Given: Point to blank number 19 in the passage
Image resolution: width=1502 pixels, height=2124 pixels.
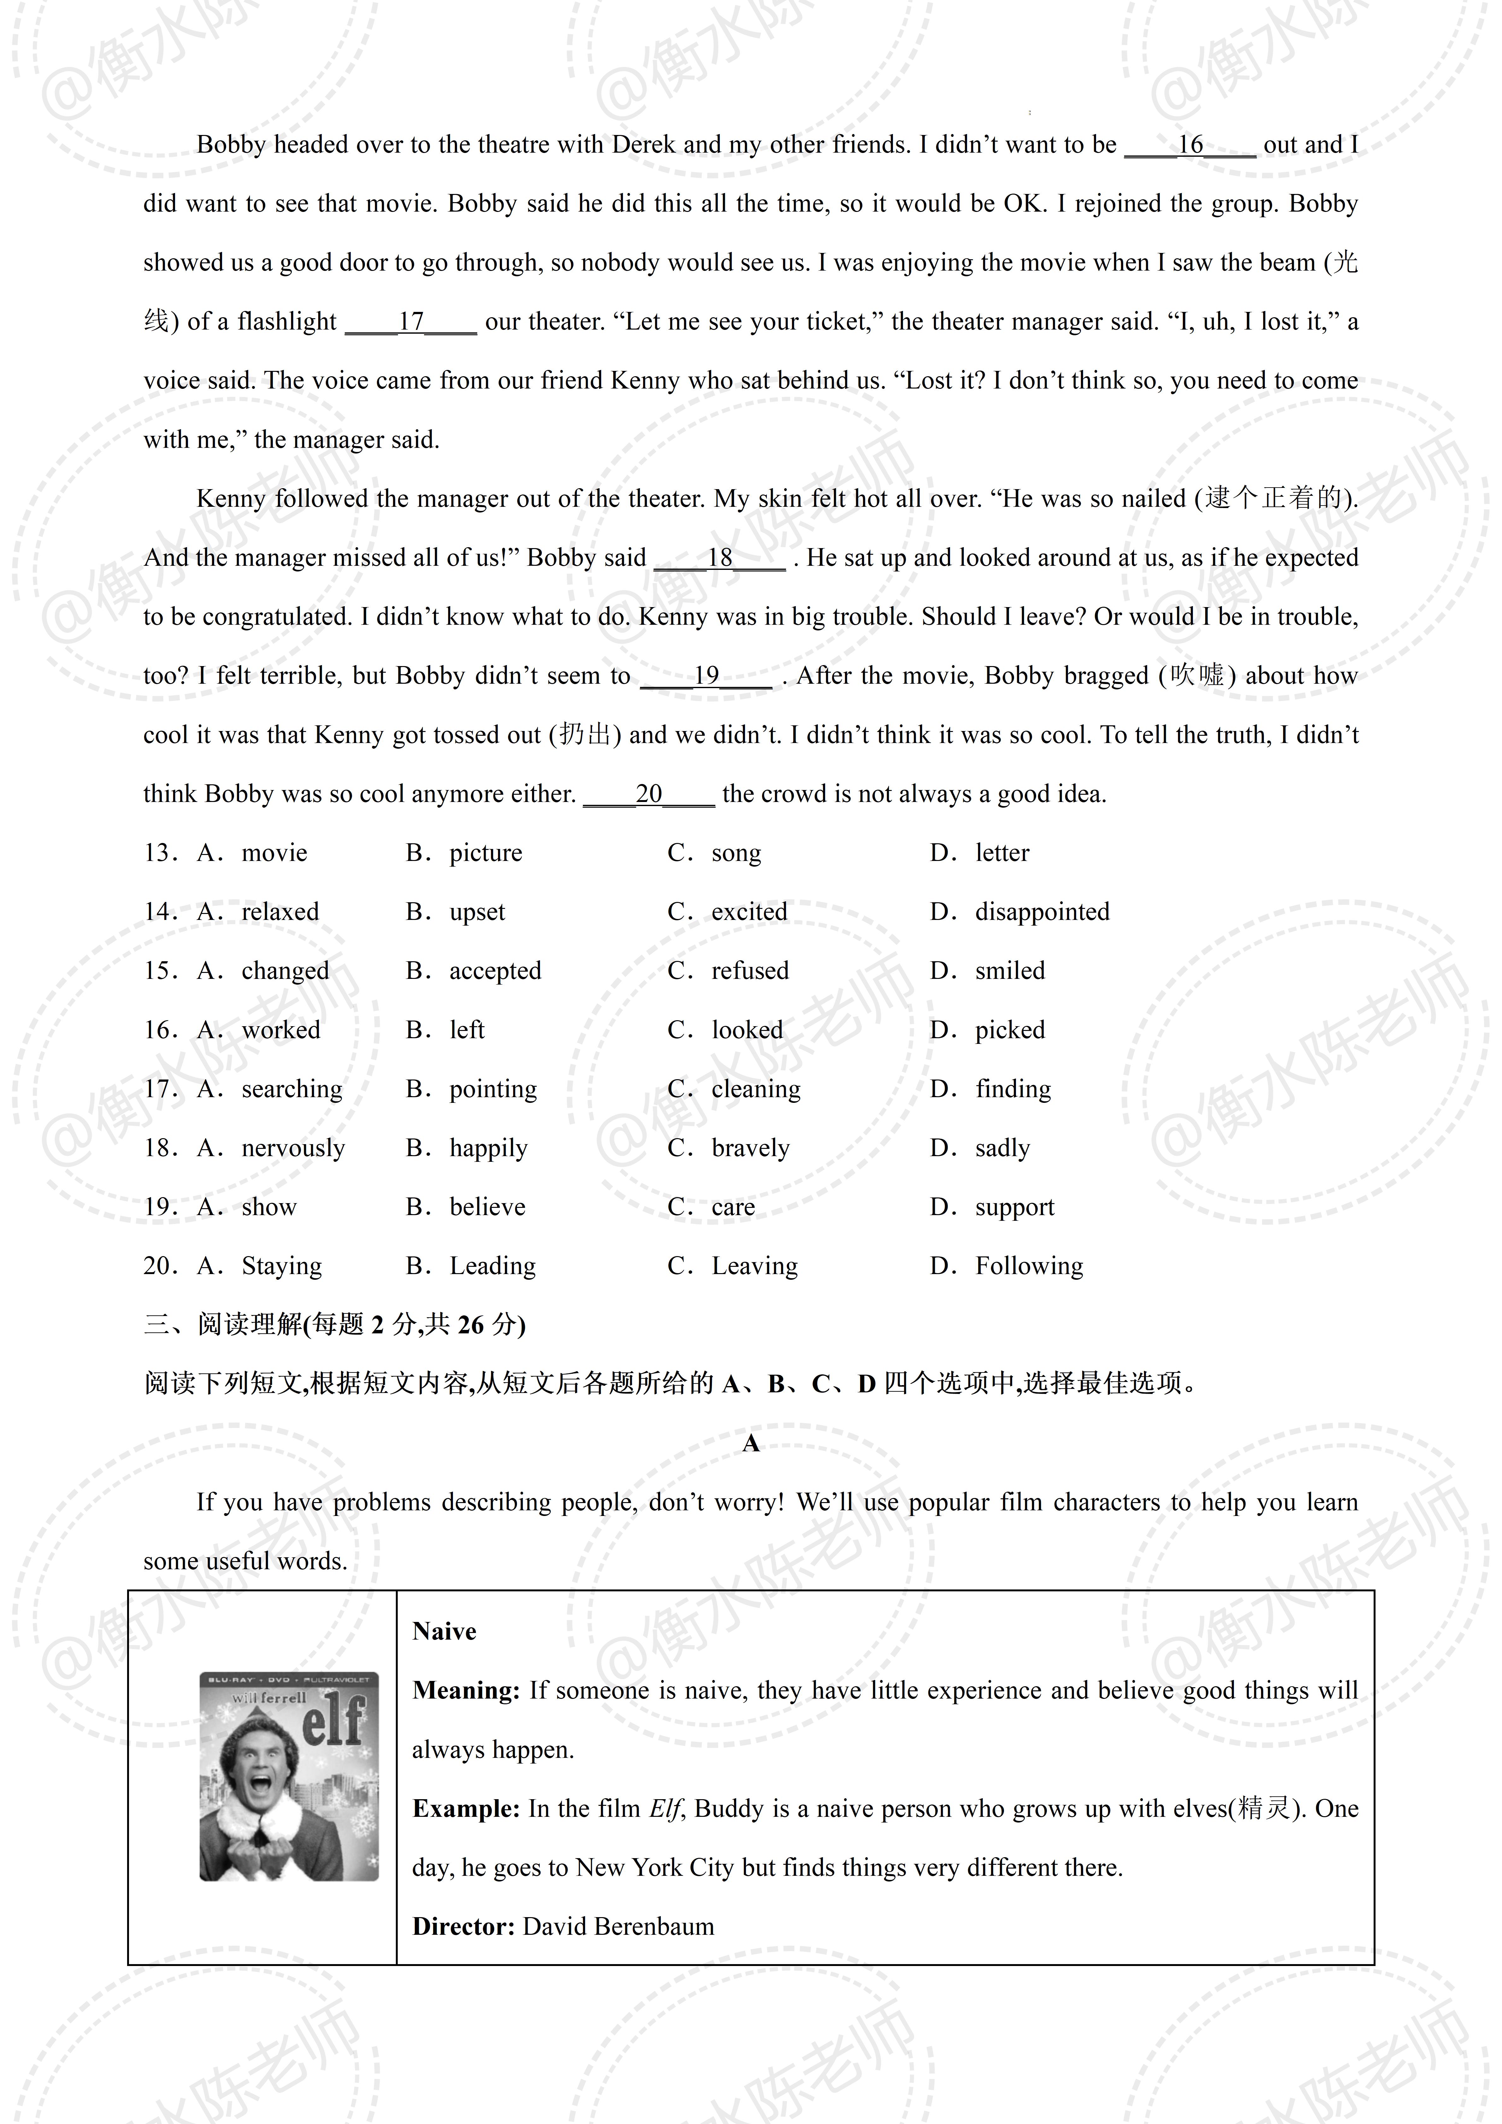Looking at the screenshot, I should point(706,676).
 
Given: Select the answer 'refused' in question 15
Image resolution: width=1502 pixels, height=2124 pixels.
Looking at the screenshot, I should point(750,971).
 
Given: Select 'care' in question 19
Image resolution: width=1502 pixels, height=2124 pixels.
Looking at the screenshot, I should point(733,1207).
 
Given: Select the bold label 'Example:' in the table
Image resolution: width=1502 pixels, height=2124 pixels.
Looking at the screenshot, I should point(466,1809).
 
